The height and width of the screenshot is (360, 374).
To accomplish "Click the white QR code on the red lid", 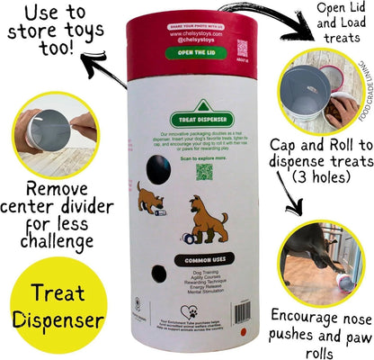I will click(x=242, y=48).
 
